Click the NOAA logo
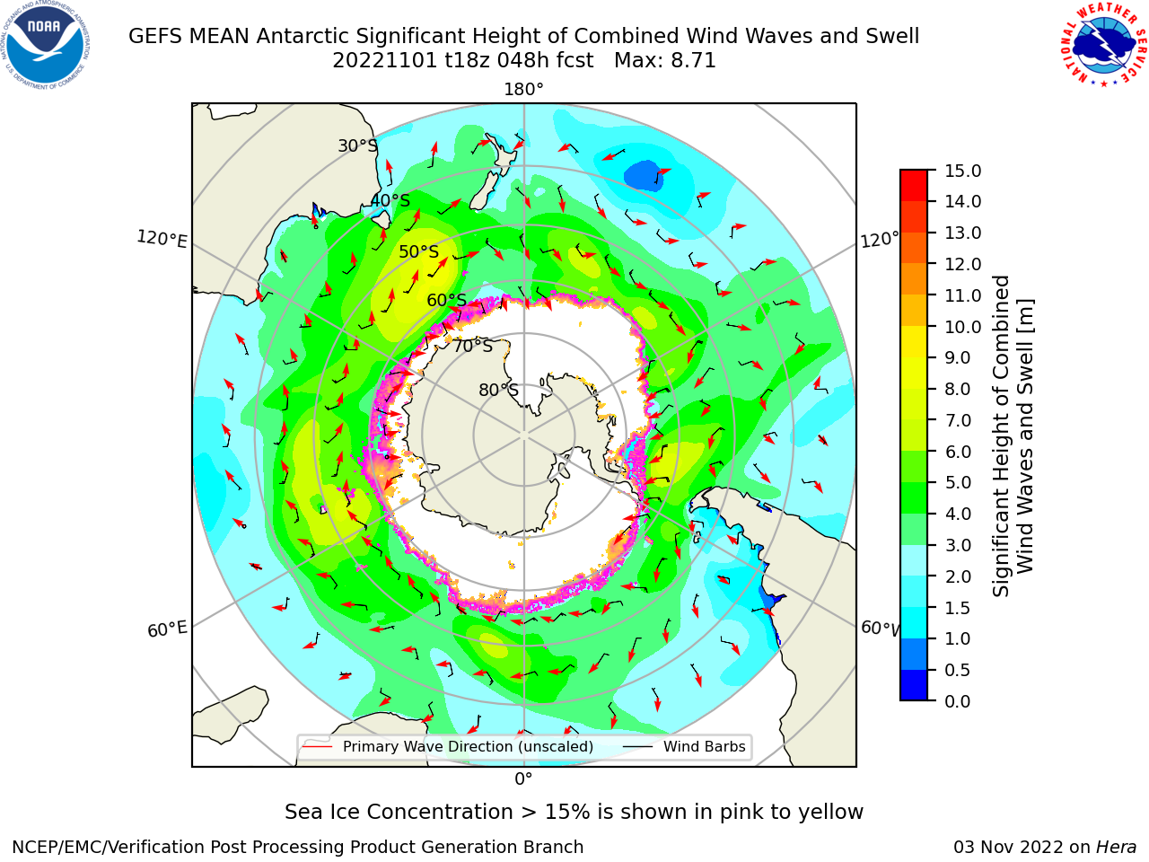tap(46, 46)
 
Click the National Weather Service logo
tap(1104, 45)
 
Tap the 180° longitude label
tap(523, 90)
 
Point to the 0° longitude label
tap(523, 779)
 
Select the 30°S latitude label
tap(357, 145)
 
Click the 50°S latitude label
tap(419, 251)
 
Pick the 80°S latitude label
tap(498, 390)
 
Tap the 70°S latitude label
tap(473, 346)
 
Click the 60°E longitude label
tap(167, 629)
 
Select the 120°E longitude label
tap(162, 239)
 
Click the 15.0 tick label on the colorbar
tap(962, 171)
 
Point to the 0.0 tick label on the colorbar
tap(958, 701)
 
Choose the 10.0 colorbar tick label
tap(962, 327)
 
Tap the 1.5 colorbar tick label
tap(958, 608)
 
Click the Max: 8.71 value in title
tap(665, 61)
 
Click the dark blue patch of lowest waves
tap(644, 175)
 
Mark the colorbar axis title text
tap(1013, 435)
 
